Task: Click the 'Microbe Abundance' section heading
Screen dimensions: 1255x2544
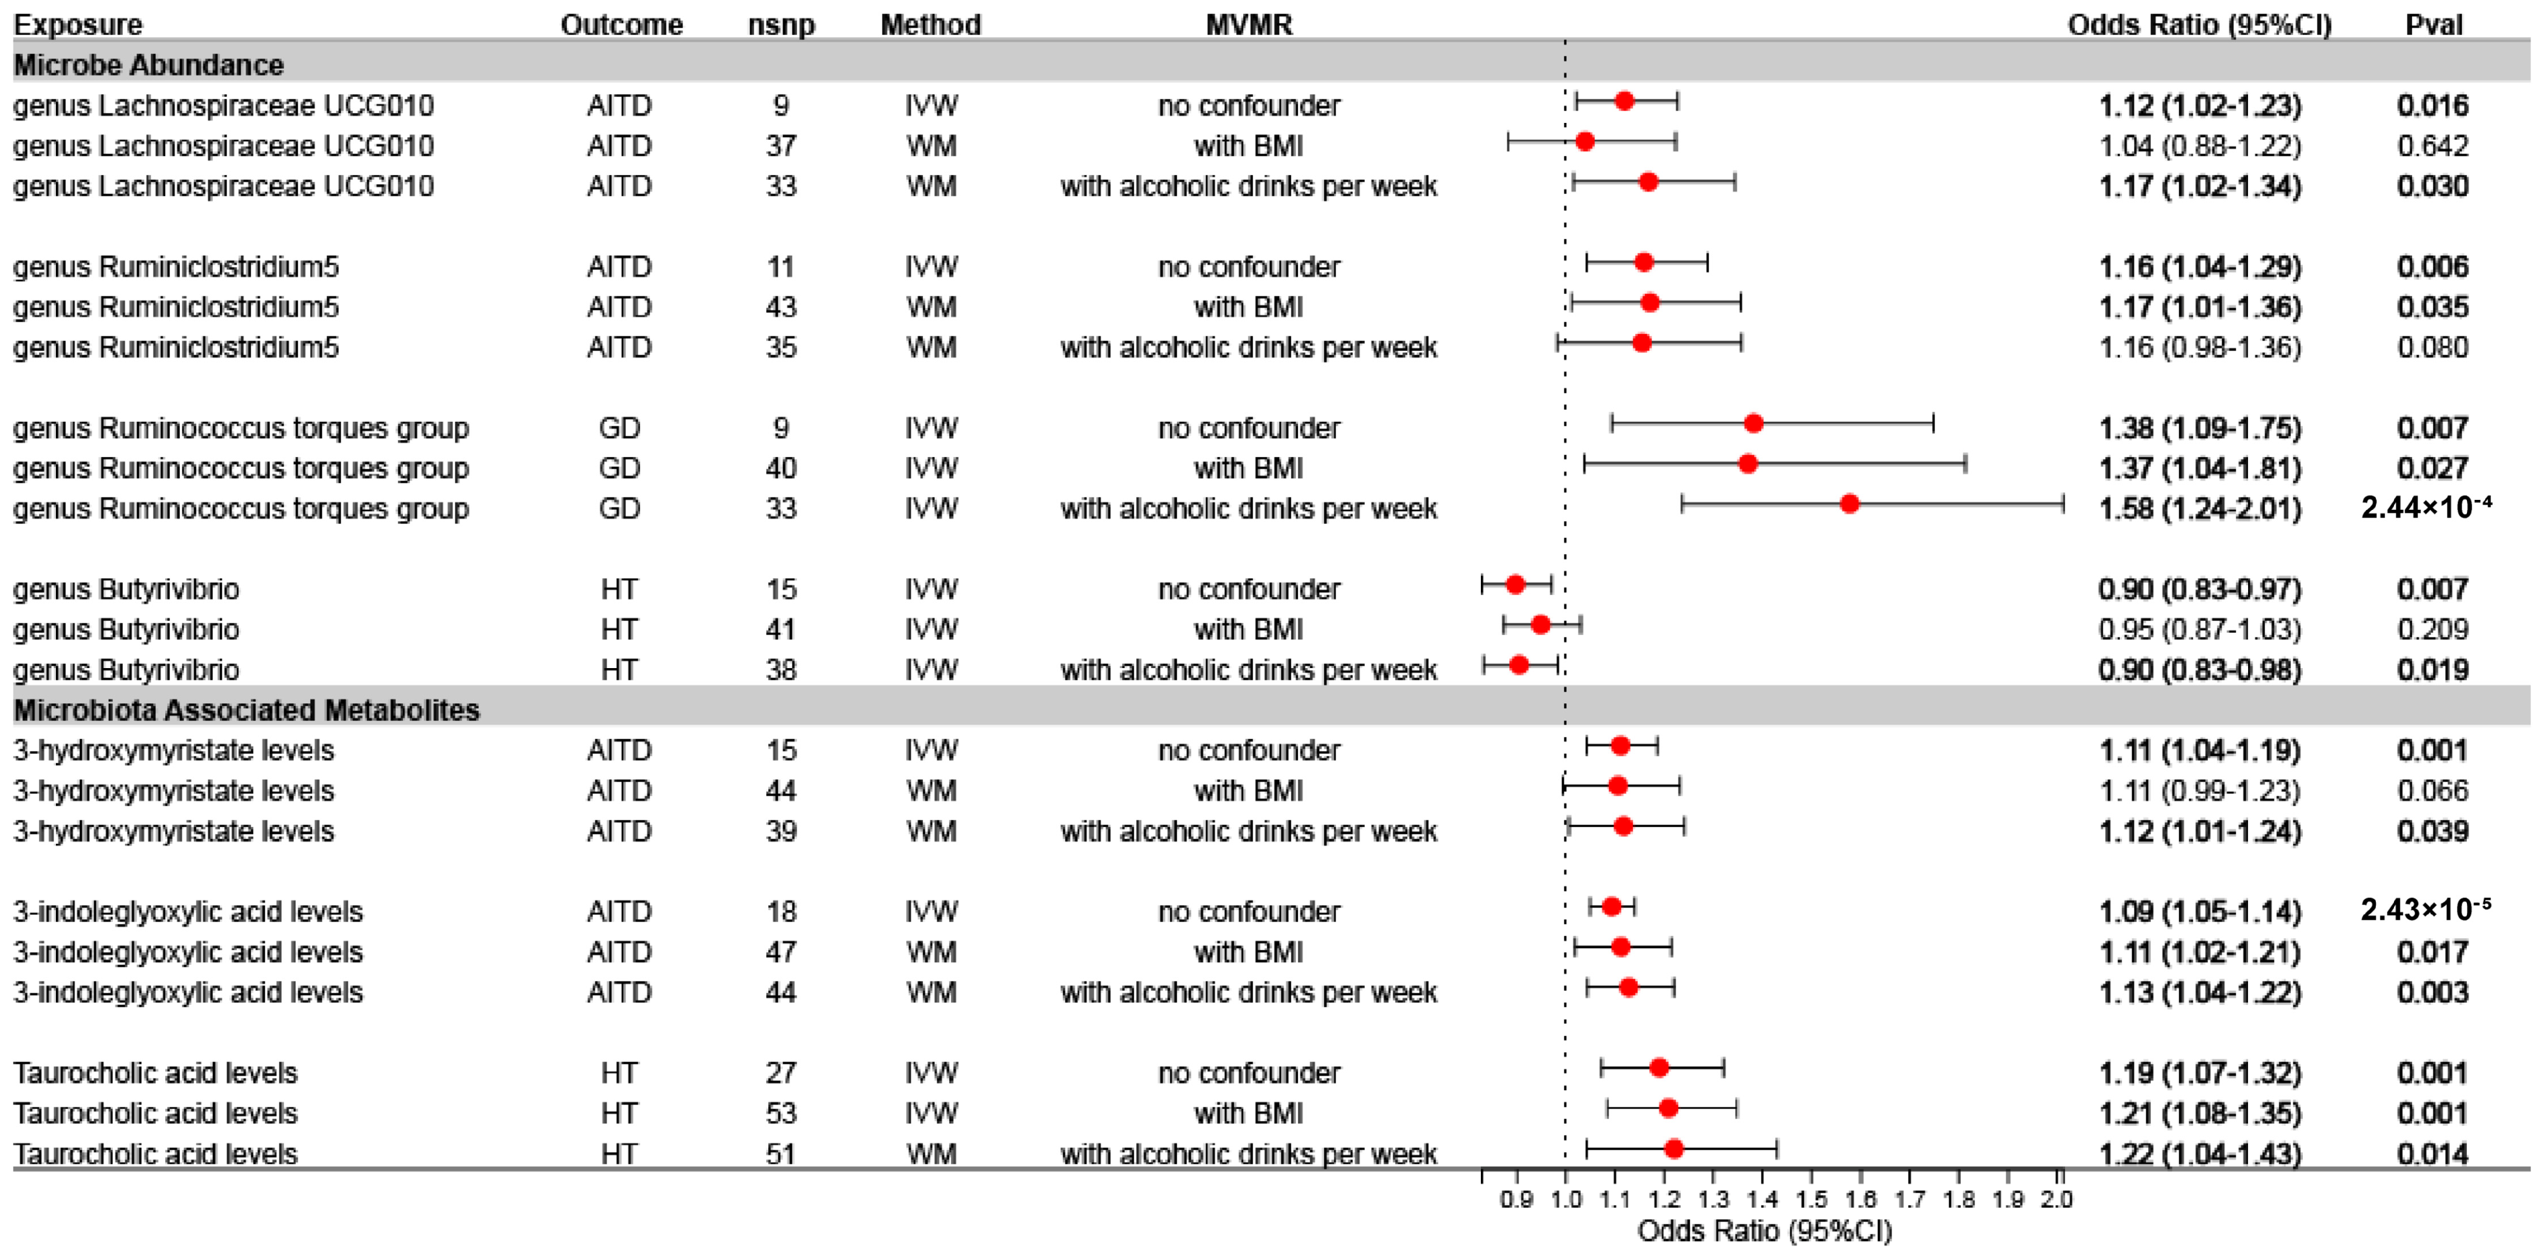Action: [148, 65]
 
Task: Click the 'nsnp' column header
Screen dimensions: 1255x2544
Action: [781, 25]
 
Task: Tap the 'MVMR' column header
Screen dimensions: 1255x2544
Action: [1248, 25]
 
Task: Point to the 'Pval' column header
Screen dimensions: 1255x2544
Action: [2433, 25]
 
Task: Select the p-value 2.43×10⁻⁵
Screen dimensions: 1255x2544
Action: [2426, 910]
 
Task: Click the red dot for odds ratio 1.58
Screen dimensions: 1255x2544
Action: [1850, 503]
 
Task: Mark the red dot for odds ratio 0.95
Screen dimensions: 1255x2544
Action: [1540, 624]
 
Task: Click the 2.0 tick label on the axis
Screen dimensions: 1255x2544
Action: [2057, 1200]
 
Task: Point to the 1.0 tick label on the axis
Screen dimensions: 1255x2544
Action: [1566, 1200]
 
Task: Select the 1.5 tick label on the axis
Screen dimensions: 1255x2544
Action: [1811, 1200]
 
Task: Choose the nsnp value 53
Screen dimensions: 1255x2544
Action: [781, 1113]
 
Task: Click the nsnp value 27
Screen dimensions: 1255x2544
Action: [781, 1072]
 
